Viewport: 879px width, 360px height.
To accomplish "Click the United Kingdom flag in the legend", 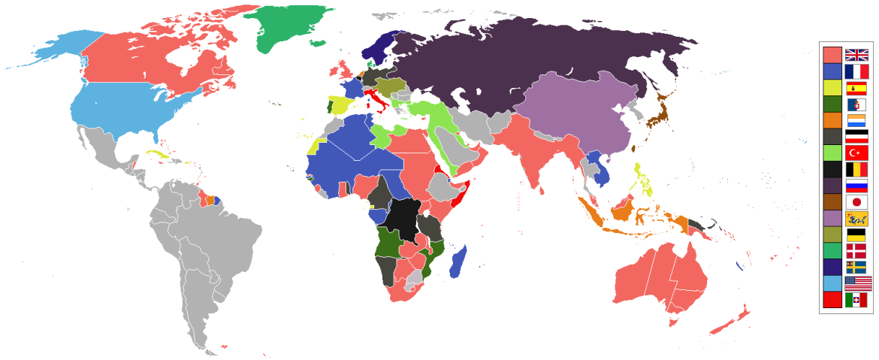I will coord(856,54).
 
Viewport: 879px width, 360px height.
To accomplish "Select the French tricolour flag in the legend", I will coord(856,71).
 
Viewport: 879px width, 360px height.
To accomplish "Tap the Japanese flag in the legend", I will coord(856,202).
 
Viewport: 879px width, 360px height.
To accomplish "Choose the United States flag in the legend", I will coord(856,283).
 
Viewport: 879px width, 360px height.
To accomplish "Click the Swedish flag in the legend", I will coord(856,267).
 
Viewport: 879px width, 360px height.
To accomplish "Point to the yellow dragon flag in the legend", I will coord(856,219).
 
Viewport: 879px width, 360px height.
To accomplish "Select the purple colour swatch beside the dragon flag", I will coord(832,219).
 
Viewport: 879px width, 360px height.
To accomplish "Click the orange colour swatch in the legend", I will coord(832,120).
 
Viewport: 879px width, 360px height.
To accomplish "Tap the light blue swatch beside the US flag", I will coord(832,283).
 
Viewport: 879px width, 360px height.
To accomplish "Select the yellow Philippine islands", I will coord(642,180).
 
